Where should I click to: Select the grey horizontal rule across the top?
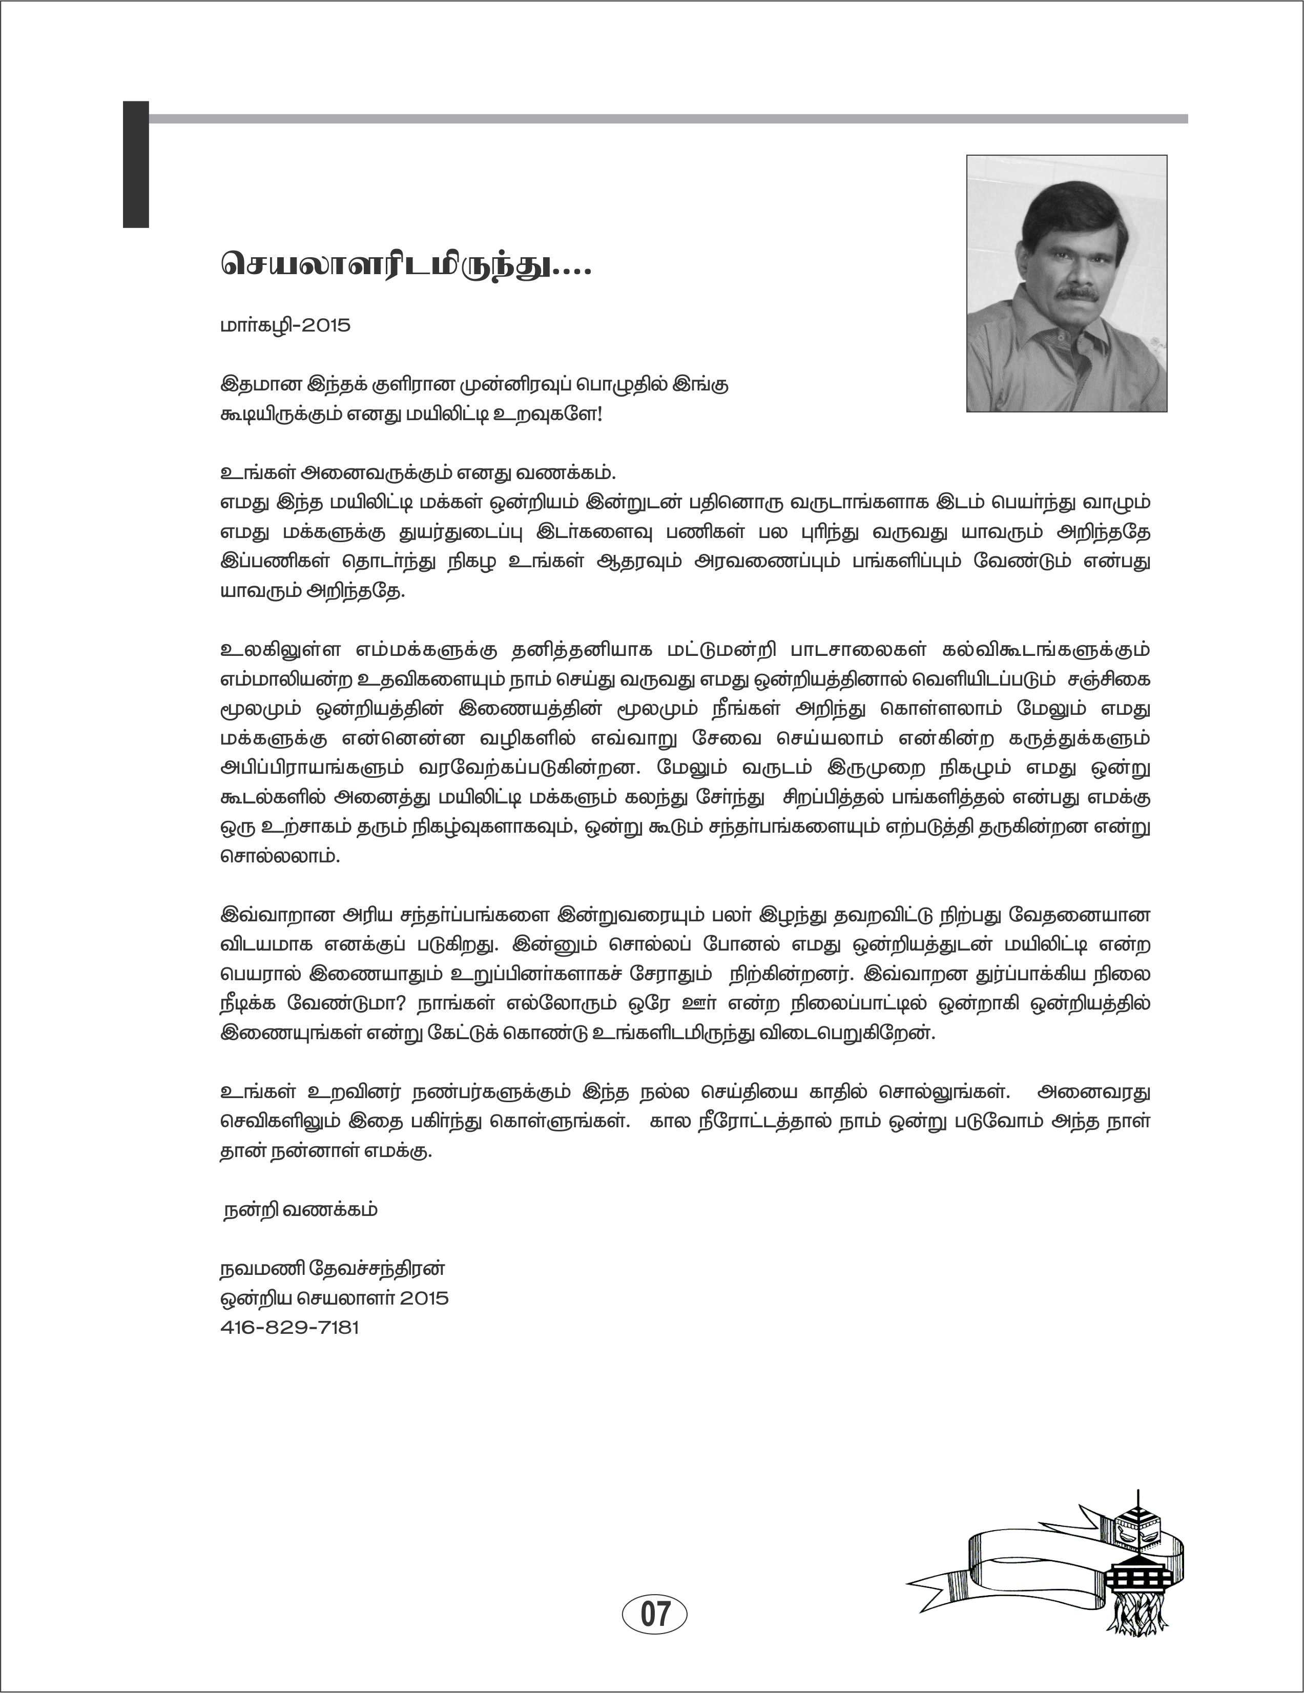(x=667, y=118)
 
